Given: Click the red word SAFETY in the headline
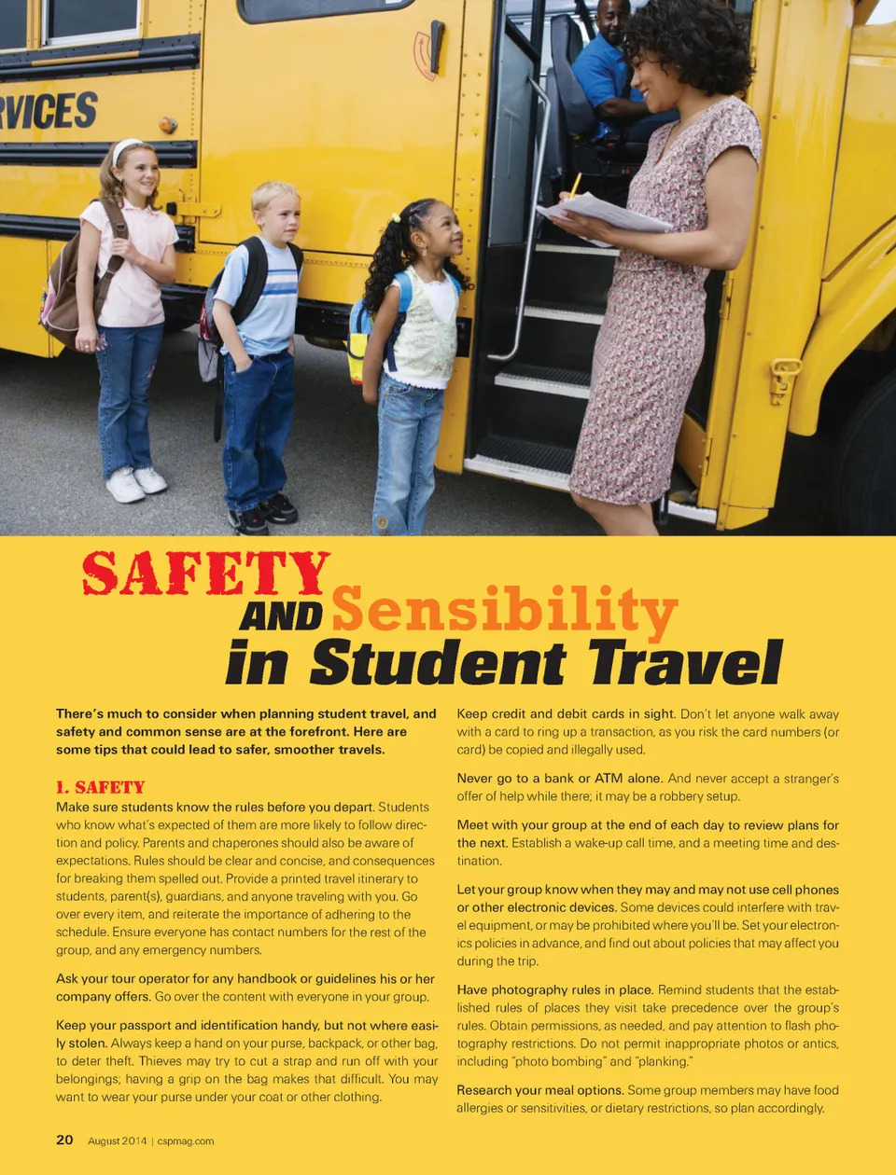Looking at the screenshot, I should [205, 574].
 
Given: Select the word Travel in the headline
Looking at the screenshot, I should [686, 663].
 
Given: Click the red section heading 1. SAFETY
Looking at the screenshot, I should [101, 787].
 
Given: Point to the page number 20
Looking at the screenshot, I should [64, 1140].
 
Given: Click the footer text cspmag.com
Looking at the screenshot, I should [186, 1140].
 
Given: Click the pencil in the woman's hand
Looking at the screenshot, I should [575, 185].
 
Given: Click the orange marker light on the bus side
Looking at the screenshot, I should [167, 124].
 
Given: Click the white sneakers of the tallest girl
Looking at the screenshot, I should [136, 482].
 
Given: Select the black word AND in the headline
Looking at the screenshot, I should [280, 616].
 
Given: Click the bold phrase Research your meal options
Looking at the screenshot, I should [540, 1090].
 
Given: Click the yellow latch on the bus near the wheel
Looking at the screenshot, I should [783, 379].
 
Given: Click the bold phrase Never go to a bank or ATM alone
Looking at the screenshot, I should [559, 779].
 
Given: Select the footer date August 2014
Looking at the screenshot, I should [117, 1140].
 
